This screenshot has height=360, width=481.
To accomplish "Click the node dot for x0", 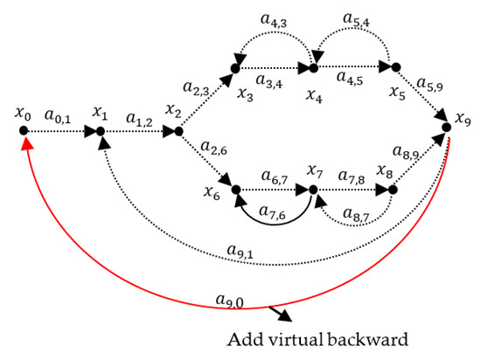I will click(24, 131).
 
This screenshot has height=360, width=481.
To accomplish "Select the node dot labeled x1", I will click(100, 131).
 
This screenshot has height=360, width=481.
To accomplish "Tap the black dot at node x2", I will click(178, 131).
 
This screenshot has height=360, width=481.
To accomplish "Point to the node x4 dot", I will click(312, 66).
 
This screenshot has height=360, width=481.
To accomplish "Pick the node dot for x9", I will click(445, 128).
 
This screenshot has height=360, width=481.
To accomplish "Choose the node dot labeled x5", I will click(394, 66).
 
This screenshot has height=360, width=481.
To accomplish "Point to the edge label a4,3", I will click(276, 18).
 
